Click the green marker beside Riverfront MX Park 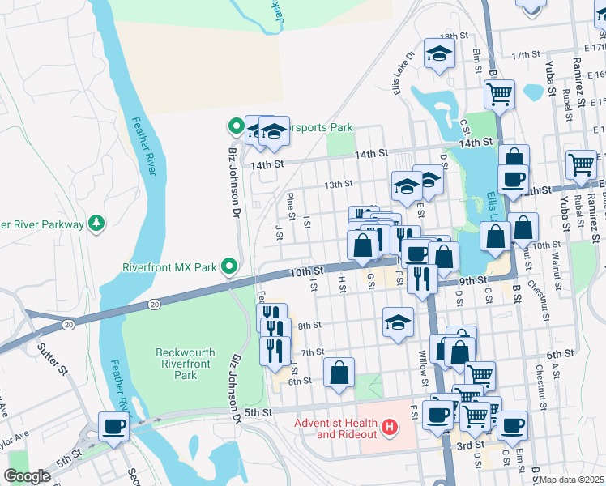(229, 266)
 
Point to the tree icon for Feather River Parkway (96, 223)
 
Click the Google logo (27, 476)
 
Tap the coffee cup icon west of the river (113, 425)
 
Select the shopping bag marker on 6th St (339, 373)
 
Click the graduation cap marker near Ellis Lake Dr (440, 53)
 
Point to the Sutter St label (53, 359)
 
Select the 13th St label (339, 185)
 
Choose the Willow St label (423, 367)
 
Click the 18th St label (454, 36)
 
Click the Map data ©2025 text (571, 480)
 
